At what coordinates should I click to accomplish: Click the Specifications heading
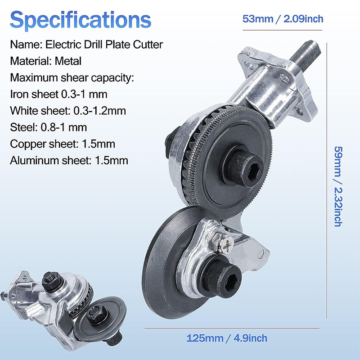click(81, 20)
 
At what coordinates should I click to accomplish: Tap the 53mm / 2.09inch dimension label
click(283, 18)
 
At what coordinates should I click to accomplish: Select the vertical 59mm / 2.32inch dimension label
click(338, 186)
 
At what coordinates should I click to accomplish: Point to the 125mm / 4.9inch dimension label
click(227, 338)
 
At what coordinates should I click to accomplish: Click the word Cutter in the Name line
click(148, 45)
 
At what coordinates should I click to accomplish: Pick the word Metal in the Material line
click(68, 61)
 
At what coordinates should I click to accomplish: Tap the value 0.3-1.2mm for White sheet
click(99, 111)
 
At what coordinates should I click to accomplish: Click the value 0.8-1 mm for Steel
click(64, 127)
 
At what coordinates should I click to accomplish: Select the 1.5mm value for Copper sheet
click(99, 144)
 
